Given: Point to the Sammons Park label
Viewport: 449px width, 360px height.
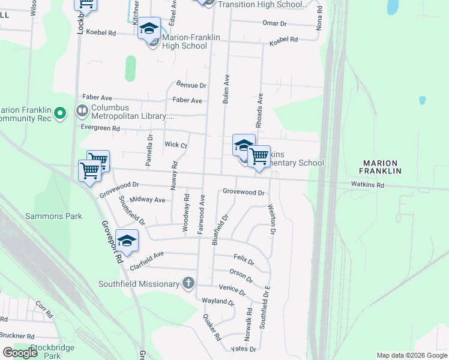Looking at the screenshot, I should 53,216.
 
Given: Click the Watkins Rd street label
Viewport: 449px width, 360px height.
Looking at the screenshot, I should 368,185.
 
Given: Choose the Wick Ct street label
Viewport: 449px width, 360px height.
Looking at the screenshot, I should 176,145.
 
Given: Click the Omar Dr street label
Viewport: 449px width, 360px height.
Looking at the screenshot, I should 275,23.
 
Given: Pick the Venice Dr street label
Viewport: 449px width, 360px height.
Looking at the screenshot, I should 232,290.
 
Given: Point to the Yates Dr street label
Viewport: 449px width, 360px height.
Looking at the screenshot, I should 244,349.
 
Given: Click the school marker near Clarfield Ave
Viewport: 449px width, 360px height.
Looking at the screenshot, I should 127,241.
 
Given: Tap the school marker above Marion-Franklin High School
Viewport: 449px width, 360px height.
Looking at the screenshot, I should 149,28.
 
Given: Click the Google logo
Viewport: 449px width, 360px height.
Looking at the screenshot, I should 20,353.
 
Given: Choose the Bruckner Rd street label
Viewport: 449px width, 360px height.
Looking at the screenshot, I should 17,336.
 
